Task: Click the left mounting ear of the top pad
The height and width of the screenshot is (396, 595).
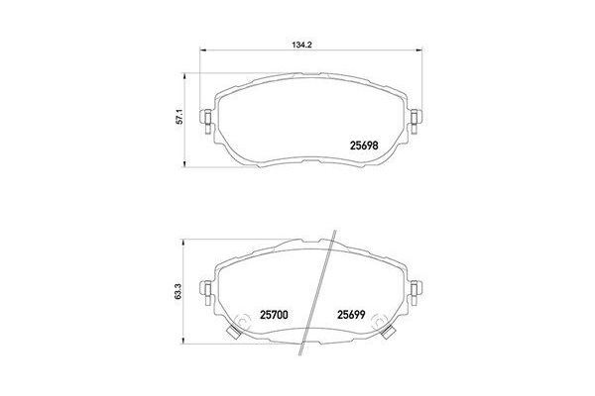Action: [206, 121]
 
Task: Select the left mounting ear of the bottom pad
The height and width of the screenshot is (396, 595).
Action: [206, 290]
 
